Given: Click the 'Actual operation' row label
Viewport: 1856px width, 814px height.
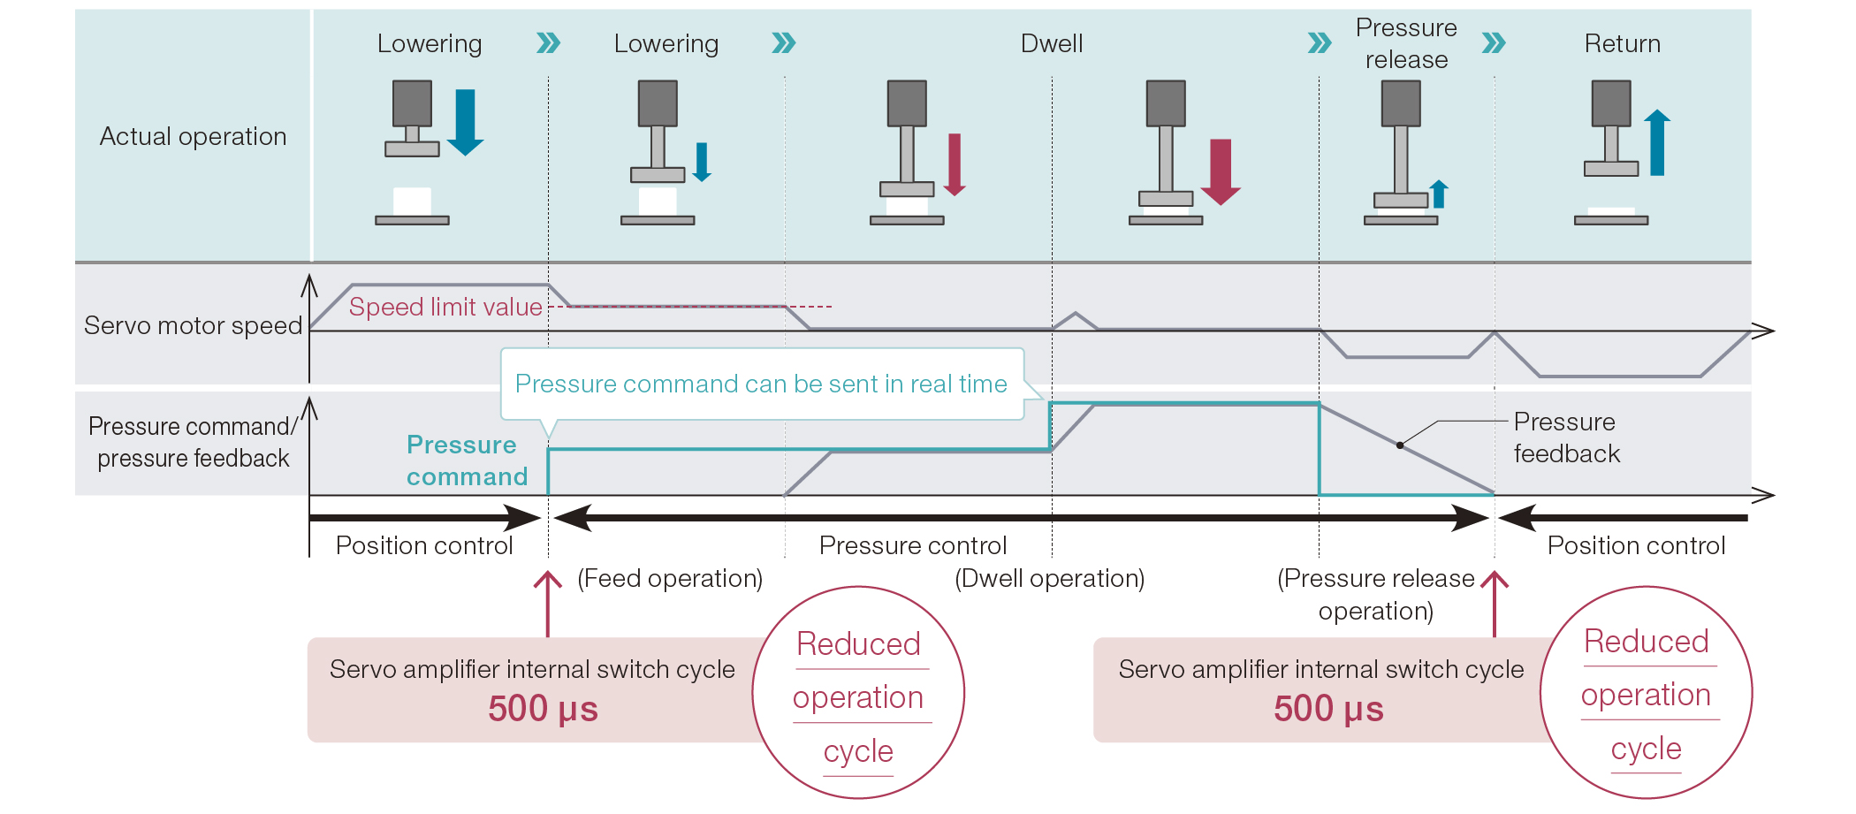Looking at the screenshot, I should click(193, 136).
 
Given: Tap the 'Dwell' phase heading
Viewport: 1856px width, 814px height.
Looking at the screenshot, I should click(1051, 43).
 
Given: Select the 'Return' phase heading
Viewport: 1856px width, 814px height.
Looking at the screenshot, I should click(1622, 43).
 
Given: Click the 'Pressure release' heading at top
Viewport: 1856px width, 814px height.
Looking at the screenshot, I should click(1406, 43).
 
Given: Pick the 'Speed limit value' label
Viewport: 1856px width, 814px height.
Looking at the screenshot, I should click(445, 307).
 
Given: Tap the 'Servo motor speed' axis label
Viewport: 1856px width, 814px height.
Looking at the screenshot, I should click(193, 325).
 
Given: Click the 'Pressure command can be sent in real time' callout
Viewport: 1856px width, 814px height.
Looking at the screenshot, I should click(761, 384).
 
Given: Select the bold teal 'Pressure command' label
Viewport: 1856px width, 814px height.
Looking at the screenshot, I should click(466, 460).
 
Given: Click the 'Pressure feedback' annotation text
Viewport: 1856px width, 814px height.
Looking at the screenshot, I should click(1566, 437).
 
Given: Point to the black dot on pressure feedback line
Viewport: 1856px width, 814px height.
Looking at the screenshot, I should click(1400, 445).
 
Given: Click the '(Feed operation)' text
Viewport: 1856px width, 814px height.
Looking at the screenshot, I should click(670, 578).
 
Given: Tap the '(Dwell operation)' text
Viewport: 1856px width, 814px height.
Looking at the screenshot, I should click(1049, 578).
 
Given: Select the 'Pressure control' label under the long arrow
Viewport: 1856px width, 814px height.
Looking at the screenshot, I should click(913, 545).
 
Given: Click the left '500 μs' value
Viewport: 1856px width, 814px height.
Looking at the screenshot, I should click(543, 709).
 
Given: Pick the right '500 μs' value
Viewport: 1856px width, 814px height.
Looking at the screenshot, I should click(1328, 709).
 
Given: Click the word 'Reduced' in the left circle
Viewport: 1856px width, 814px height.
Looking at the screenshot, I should click(858, 643).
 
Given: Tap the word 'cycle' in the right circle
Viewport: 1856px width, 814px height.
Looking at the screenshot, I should click(1646, 749).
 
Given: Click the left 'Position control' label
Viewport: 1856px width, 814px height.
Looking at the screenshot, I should click(424, 545).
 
